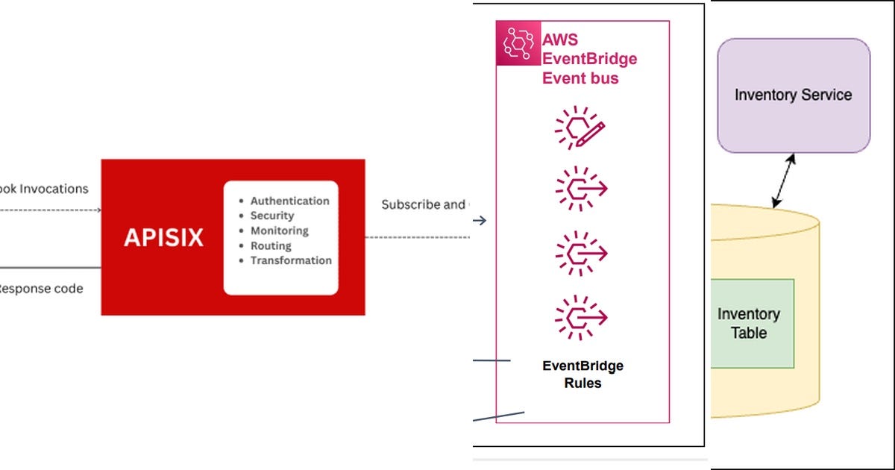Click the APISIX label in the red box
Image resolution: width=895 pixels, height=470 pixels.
pos(163,237)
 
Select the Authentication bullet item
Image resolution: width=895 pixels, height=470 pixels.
pos(289,201)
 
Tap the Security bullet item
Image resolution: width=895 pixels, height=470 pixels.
pos(271,216)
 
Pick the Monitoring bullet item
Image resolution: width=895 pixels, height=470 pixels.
pos(279,231)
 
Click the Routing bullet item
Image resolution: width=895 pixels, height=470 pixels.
pos(271,245)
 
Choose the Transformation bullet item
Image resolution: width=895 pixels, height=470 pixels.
pos(291,260)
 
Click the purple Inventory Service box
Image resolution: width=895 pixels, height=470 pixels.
pos(794,95)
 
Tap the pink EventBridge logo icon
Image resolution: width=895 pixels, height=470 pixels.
pos(518,43)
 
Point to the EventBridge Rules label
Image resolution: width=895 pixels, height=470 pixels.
pos(582,375)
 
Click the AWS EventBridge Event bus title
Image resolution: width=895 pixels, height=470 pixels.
pos(589,59)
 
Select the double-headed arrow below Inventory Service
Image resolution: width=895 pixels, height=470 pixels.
pos(784,180)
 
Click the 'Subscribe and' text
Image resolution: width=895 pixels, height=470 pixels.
pos(423,204)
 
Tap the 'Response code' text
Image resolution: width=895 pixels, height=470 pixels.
pos(40,288)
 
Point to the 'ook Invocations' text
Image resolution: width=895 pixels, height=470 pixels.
pos(44,189)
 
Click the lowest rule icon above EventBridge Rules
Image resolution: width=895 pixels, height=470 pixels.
pos(581,319)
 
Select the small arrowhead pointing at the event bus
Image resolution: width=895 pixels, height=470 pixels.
pos(481,220)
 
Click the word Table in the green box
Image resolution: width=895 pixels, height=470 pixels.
pos(749,333)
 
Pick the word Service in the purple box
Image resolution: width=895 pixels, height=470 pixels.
pos(825,95)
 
